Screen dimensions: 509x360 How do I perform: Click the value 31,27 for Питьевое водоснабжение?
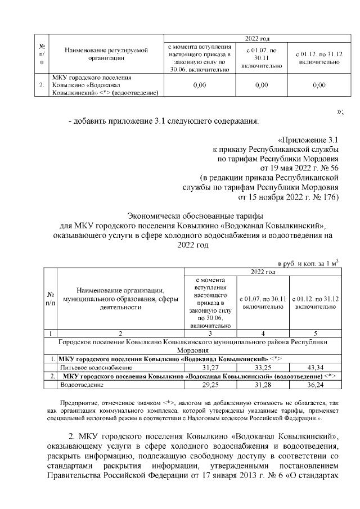click(211, 367)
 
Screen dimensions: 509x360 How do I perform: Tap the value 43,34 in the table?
click(318, 367)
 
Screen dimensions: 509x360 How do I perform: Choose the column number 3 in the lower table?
click(211, 333)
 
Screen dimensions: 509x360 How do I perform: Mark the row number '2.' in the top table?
click(42, 85)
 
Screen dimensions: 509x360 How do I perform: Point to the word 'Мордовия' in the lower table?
click(193, 349)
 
